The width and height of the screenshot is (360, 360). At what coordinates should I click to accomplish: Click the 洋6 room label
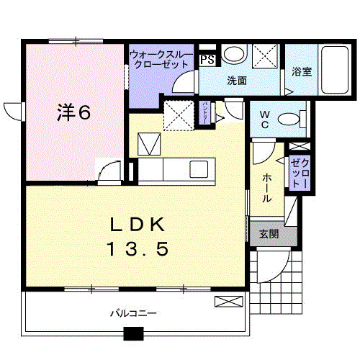[x=74, y=113]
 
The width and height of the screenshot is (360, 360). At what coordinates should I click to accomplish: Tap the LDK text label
[x=138, y=225]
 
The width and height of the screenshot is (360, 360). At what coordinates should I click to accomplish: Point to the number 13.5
[x=138, y=250]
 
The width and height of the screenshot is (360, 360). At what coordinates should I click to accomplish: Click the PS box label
[x=207, y=60]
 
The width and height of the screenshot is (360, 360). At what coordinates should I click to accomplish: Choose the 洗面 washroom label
[x=238, y=81]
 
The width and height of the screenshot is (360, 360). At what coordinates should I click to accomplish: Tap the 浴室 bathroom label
[x=302, y=71]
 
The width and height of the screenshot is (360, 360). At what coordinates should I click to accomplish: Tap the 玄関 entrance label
[x=269, y=234]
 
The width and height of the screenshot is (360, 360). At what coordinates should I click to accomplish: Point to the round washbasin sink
[x=233, y=54]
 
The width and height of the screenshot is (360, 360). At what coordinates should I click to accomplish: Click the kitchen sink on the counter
[x=199, y=170]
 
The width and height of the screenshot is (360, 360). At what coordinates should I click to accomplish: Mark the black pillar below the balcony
[x=133, y=334]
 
